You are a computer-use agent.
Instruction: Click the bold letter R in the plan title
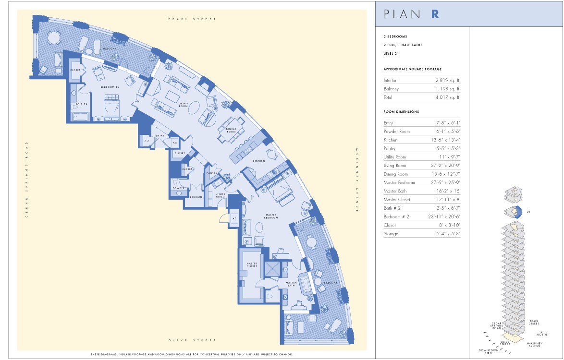(x=435, y=13)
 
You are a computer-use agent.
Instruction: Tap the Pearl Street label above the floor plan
(x=192, y=19)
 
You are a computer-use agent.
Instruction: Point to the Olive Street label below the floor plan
(x=192, y=340)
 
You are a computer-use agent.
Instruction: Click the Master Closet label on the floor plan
(x=252, y=265)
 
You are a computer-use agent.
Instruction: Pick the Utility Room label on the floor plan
(x=221, y=195)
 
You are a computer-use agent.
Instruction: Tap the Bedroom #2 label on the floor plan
(x=110, y=87)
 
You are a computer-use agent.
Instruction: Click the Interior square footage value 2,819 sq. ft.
(x=448, y=81)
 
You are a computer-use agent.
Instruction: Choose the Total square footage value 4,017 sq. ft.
(x=448, y=97)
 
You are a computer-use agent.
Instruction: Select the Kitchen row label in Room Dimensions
(x=391, y=140)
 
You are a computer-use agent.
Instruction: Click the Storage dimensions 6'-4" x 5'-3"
(x=447, y=234)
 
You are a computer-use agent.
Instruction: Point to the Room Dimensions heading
(x=401, y=112)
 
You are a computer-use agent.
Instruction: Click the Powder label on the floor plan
(x=179, y=188)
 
